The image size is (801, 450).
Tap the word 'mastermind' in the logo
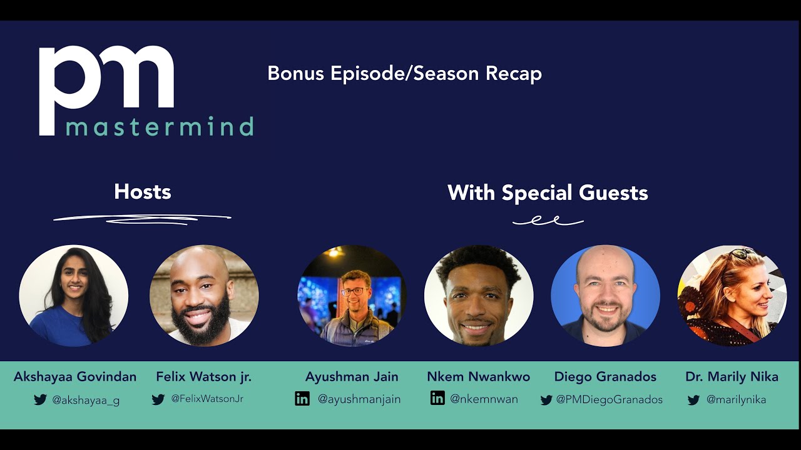click(160, 126)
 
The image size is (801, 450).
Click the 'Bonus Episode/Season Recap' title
click(404, 74)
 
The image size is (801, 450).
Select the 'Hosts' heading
click(143, 192)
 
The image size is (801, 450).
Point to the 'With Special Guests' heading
click(548, 192)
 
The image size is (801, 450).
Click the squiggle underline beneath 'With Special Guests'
click(548, 221)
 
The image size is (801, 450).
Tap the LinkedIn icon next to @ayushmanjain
click(302, 399)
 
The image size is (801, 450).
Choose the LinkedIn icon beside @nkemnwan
click(437, 398)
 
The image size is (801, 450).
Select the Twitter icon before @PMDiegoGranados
click(546, 400)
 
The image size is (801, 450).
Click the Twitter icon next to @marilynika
click(693, 400)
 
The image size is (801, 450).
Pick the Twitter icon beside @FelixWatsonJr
click(158, 399)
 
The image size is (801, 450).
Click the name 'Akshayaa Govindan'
click(75, 377)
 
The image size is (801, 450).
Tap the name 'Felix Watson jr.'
click(204, 377)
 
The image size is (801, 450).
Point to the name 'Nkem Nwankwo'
click(479, 377)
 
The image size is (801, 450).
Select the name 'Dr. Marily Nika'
click(732, 377)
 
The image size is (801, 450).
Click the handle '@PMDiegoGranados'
click(610, 399)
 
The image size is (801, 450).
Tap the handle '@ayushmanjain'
click(359, 399)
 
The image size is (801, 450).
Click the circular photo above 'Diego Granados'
click(605, 296)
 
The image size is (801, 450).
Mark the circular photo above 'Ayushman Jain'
click(352, 296)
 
